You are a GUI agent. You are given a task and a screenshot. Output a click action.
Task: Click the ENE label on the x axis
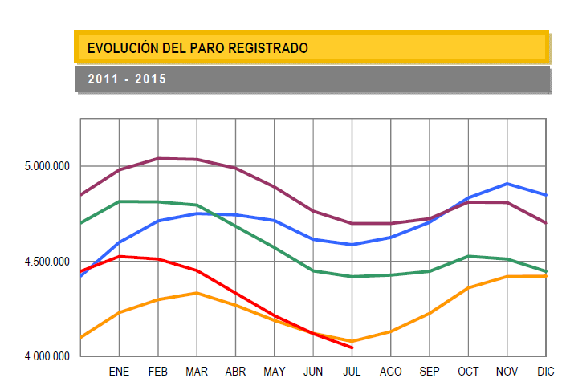coord(119,372)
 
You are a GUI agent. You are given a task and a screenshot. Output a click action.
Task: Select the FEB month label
coord(158,372)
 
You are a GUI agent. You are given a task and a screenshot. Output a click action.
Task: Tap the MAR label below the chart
coord(197,372)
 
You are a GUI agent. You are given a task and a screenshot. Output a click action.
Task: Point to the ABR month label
coord(235,372)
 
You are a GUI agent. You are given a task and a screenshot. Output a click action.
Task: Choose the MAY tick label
coord(275,372)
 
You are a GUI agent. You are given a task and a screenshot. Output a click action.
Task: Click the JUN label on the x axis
coord(313,372)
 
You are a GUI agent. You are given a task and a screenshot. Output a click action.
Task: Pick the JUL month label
coord(352,372)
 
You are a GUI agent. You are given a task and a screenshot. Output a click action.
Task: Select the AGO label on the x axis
coord(390,372)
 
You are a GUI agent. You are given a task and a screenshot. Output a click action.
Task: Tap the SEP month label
coord(430,372)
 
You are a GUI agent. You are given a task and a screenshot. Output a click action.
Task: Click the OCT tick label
coord(468,372)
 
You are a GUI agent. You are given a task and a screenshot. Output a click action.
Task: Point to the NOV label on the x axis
coord(507,372)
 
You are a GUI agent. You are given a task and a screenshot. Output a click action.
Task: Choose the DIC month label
coord(545,372)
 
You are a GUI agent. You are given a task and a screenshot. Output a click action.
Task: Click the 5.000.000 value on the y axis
coord(48,167)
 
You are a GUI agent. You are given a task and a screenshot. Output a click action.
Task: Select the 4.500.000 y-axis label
coord(48,262)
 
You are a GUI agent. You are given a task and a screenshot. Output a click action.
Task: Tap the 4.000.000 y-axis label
coord(48,356)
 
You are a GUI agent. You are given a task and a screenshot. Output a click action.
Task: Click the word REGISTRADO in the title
coord(268,48)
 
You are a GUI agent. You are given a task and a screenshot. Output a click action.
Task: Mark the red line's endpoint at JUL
coord(352,347)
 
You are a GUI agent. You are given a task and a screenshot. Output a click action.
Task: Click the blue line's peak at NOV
coord(507,184)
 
